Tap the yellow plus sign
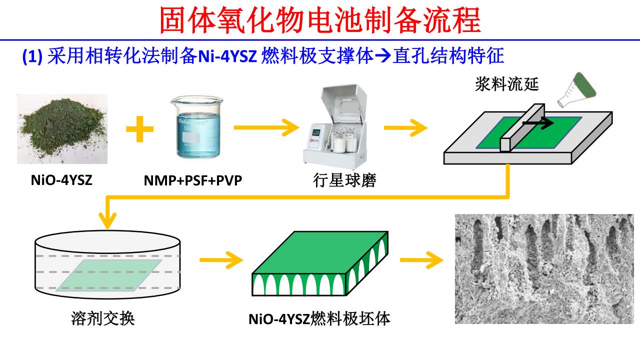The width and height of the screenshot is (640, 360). [139, 129]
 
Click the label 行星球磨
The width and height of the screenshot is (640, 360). [342, 180]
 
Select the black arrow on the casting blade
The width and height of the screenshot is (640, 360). [538, 122]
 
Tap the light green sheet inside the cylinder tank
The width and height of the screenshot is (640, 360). [109, 275]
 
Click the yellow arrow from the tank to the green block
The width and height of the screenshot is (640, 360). [220, 260]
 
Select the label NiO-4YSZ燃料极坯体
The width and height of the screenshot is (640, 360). [319, 318]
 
